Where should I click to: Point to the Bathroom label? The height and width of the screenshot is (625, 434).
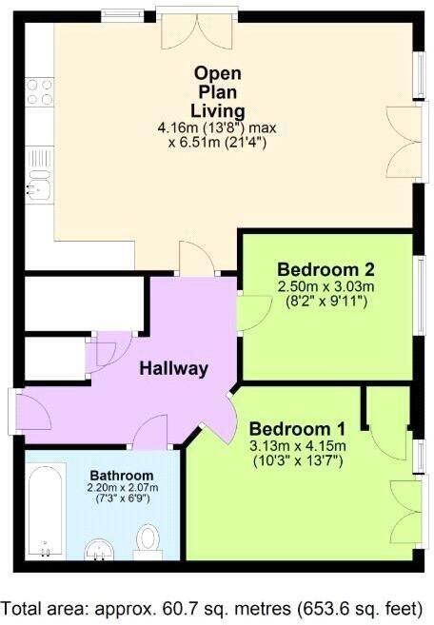coord(121,475)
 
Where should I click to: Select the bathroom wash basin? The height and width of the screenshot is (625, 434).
coord(98,550)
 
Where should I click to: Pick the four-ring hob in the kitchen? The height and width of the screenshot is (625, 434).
coord(39,92)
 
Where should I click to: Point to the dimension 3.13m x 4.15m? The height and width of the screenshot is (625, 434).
coord(296,446)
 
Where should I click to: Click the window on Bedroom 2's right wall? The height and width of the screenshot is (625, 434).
coord(419,296)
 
